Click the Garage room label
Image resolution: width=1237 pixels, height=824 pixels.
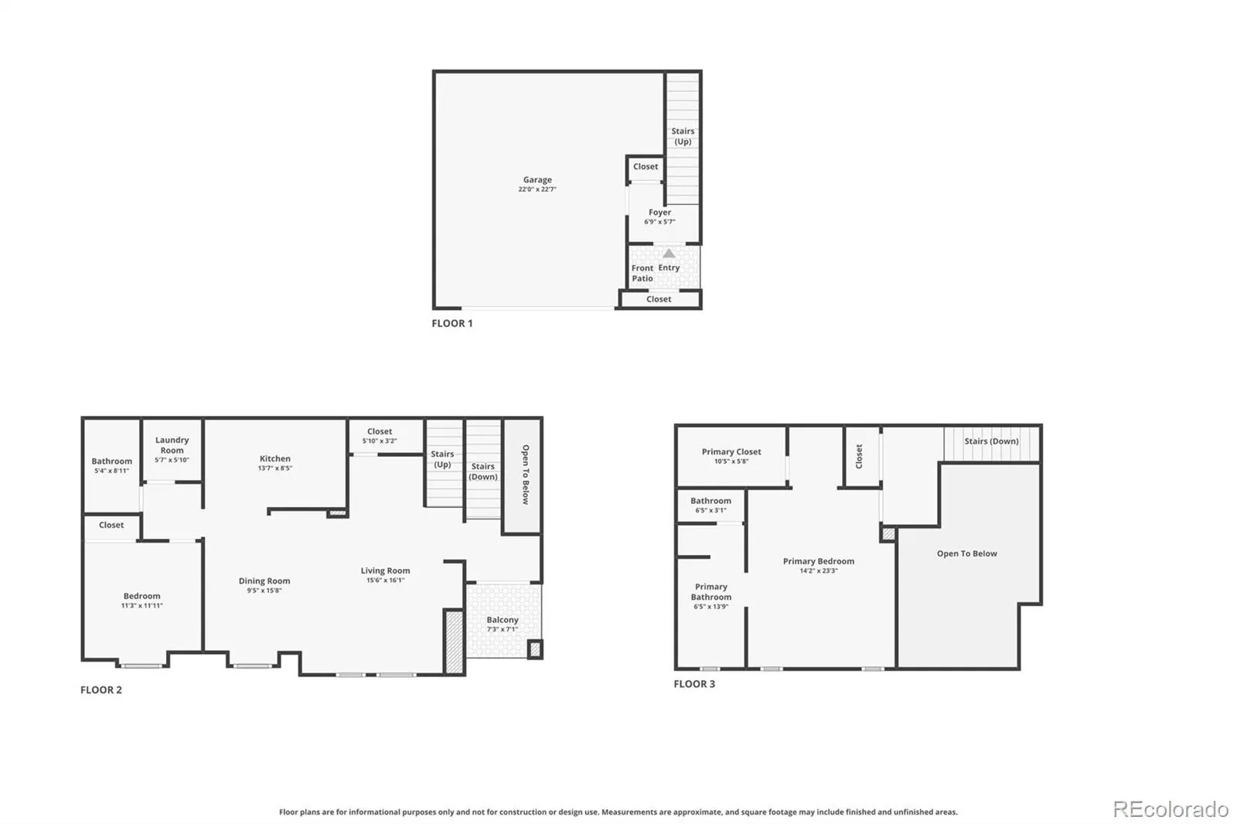pos(537,179)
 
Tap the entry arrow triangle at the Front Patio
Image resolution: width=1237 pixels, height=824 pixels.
pos(669,254)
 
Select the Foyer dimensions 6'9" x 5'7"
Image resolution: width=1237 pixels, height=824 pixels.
pos(659,222)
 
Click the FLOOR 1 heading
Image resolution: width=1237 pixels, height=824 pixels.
pos(452,323)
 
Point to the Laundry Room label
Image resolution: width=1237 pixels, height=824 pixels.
pos(172,445)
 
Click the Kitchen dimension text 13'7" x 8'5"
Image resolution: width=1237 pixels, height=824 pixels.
pos(275,468)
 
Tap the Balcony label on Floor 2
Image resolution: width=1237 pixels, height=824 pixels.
pos(503,620)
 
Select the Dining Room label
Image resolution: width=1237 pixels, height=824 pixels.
pos(264,581)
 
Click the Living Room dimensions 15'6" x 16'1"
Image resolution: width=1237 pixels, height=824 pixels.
pos(386,580)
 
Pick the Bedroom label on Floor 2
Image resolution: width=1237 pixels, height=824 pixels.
pos(142,596)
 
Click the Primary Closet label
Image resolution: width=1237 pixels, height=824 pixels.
pos(731,451)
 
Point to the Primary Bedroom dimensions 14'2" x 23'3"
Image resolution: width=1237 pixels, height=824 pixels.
pos(819,570)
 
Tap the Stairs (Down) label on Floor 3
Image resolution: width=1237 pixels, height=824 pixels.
pos(991,441)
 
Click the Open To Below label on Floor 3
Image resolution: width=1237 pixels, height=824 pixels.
pos(967,553)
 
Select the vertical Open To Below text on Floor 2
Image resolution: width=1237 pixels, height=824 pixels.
pos(526,475)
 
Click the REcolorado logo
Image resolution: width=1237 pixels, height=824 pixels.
pos(1171,809)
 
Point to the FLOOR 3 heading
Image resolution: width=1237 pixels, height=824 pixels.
pos(694,684)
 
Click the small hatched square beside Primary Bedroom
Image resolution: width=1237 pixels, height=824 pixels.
pos(888,534)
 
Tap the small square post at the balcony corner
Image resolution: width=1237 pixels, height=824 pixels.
pos(534,649)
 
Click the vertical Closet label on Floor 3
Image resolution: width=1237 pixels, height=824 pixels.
pos(859,456)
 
